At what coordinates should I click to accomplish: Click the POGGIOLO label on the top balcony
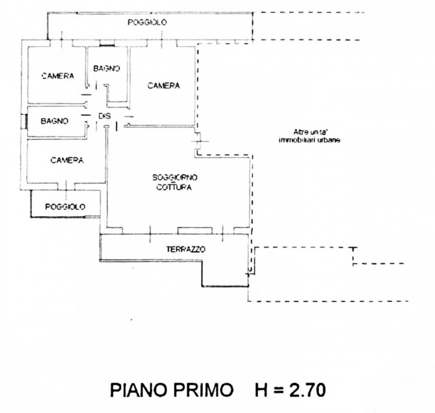point(147,22)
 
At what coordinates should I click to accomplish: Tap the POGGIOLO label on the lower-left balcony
point(66,207)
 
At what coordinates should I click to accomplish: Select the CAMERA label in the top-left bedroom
point(58,77)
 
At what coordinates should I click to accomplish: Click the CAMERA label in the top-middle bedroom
point(163,85)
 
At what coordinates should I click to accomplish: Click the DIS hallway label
point(105,116)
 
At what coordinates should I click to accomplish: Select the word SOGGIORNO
point(175,178)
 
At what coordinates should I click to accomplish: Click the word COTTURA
point(175,187)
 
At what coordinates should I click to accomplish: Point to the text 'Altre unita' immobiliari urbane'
point(308,136)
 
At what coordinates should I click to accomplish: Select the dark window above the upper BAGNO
point(108,43)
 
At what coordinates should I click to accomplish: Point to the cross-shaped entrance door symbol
point(199,142)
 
